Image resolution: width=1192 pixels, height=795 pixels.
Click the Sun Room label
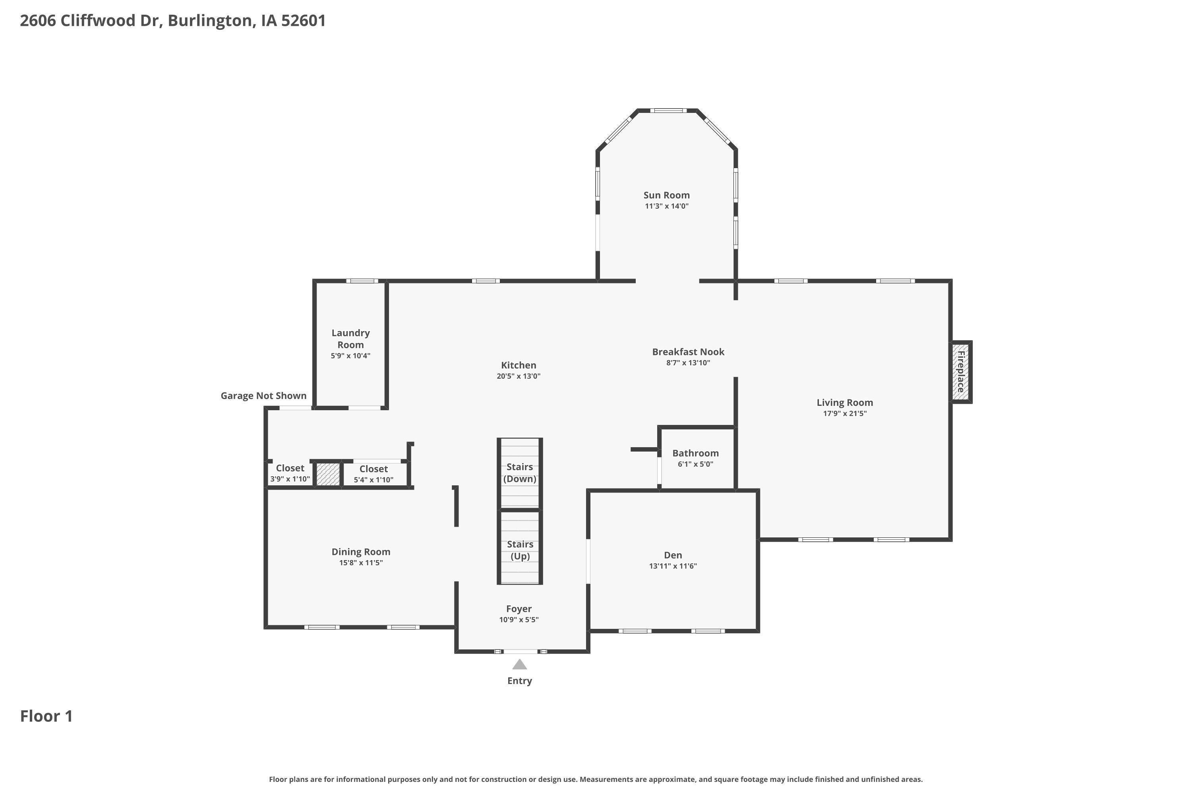666,195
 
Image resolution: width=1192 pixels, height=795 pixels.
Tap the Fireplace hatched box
960,372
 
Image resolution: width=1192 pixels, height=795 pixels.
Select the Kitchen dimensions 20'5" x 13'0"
519,376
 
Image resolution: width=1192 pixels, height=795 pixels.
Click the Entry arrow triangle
519,664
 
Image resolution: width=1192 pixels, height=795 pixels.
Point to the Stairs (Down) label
519,473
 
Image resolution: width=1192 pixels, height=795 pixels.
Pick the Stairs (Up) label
520,550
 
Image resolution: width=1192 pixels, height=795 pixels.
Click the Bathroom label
695,453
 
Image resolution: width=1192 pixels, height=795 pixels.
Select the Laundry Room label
350,339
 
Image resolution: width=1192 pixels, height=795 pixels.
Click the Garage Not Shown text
263,396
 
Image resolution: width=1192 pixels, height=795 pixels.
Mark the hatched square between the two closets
327,475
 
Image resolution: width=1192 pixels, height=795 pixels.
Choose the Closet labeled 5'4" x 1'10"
373,469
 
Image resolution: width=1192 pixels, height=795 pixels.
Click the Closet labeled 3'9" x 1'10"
290,468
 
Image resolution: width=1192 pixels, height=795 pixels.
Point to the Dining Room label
361,552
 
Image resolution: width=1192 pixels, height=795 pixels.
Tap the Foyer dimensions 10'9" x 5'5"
519,620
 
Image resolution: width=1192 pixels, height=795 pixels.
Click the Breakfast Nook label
688,352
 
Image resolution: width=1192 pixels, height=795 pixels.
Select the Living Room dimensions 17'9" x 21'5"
844,413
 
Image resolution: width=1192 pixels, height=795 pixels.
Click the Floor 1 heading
46,716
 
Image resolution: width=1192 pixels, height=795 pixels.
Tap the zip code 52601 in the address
303,21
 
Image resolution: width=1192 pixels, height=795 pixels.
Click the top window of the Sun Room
668,111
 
